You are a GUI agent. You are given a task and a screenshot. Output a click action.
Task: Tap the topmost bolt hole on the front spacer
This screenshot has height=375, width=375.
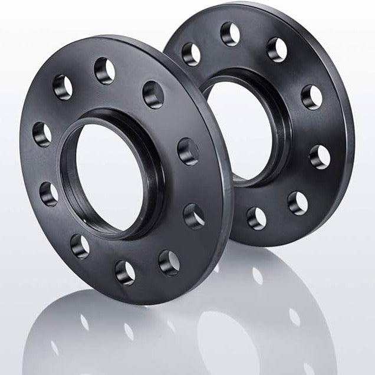coord(104,71)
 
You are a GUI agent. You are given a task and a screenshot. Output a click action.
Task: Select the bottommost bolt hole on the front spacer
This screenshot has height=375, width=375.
coord(125,272)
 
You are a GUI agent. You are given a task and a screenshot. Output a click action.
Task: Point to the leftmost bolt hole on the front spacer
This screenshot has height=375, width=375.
coord(42,134)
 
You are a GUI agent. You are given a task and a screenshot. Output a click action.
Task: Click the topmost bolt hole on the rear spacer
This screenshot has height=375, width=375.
coord(230,34)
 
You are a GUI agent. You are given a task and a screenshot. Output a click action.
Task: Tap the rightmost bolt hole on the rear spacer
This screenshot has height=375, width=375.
coord(320,157)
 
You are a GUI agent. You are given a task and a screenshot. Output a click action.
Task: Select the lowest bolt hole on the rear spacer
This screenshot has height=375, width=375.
coord(256,218)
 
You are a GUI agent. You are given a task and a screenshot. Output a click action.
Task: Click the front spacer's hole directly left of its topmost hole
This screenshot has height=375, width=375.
coord(63,87)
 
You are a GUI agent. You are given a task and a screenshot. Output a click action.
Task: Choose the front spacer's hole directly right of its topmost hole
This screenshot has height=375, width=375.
coord(153,94)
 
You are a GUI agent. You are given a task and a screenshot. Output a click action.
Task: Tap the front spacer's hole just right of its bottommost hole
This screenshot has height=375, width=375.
coord(169,262)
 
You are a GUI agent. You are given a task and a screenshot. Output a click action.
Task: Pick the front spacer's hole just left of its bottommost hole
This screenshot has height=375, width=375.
coord(80,246)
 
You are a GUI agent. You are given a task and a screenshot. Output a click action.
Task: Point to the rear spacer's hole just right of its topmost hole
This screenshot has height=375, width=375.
coord(276,50)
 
